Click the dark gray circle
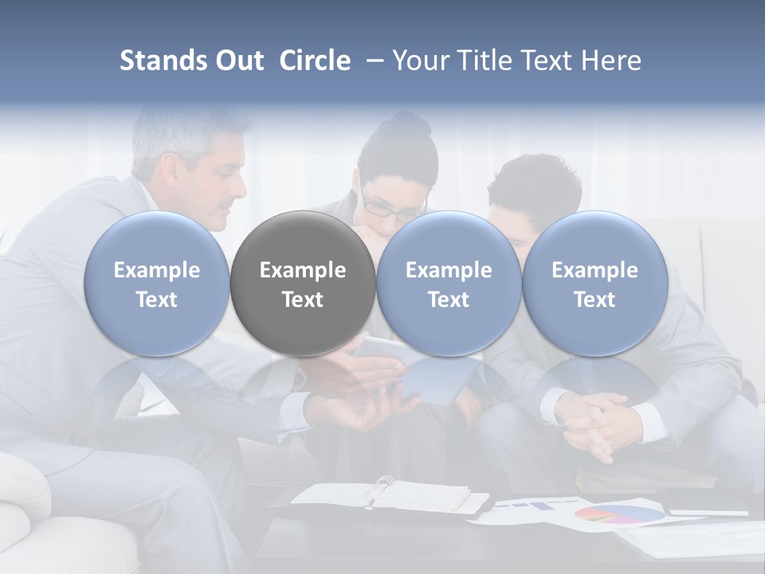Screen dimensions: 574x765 [303, 283]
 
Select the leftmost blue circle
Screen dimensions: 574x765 [156, 283]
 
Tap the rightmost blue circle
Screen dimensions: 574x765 [594, 283]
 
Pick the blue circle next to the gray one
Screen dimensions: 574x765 [449, 283]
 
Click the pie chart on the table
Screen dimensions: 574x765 [618, 513]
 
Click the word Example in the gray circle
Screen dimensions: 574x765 [303, 270]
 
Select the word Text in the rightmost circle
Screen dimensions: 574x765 [594, 300]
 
